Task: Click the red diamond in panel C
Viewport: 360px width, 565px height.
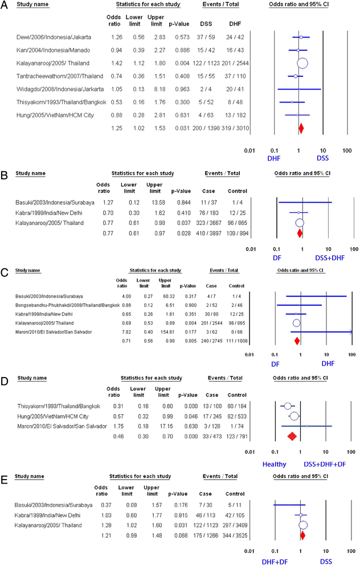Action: pos(297,341)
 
